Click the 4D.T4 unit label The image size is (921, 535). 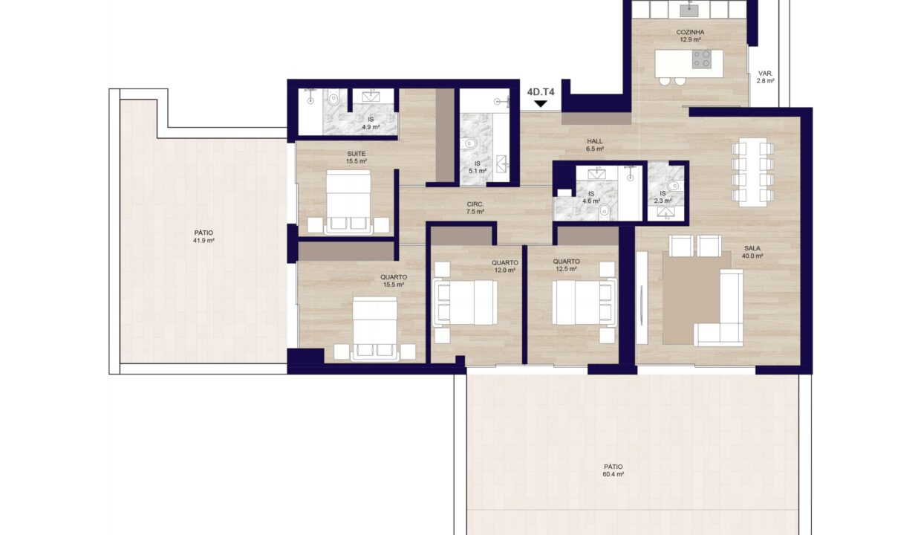click(x=541, y=92)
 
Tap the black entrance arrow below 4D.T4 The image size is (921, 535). click(x=540, y=104)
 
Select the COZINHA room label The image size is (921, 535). click(x=690, y=32)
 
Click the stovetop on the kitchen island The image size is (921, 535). click(x=701, y=59)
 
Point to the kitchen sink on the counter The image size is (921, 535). click(x=689, y=10)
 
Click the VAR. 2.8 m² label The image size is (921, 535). click(x=765, y=77)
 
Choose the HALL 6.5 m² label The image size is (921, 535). click(x=595, y=145)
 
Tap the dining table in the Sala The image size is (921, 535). click(x=752, y=172)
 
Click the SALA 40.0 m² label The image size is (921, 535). click(x=752, y=252)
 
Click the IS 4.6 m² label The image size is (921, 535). click(x=591, y=198)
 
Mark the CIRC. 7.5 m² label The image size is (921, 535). click(x=475, y=207)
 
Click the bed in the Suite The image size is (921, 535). click(x=348, y=201)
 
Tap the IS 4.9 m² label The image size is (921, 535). click(x=371, y=123)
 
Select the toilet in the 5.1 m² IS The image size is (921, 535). click(x=469, y=143)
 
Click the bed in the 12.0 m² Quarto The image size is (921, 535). click(x=465, y=302)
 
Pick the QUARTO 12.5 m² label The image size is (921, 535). click(x=566, y=265)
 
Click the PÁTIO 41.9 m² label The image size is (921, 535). click(x=204, y=237)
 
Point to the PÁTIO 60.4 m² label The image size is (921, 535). click(x=614, y=470)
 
